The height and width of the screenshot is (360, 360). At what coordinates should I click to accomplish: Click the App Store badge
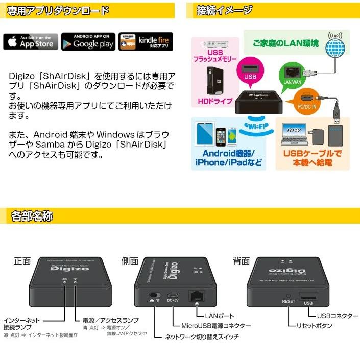click(31, 41)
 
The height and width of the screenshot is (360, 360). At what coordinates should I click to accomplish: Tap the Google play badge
click(88, 41)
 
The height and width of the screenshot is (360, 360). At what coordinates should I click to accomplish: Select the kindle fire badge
click(146, 41)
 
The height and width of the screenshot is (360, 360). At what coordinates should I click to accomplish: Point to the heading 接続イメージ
click(227, 10)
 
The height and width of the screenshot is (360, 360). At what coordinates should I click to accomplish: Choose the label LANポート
click(219, 316)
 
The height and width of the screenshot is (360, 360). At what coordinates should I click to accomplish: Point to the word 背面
click(241, 261)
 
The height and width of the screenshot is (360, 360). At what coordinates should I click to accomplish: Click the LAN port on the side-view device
click(196, 296)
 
